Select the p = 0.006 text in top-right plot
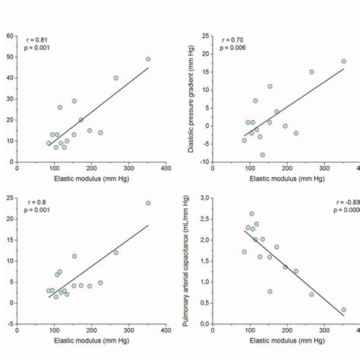(x=233, y=48)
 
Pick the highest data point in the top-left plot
(x=148, y=58)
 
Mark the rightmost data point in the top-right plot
(x=343, y=62)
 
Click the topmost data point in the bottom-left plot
(x=148, y=203)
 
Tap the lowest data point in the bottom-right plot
(x=343, y=310)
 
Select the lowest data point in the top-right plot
(x=263, y=154)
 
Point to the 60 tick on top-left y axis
(x=9, y=36)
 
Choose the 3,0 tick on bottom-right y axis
(x=204, y=198)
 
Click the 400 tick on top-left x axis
(x=166, y=169)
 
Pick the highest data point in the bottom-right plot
(x=252, y=213)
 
